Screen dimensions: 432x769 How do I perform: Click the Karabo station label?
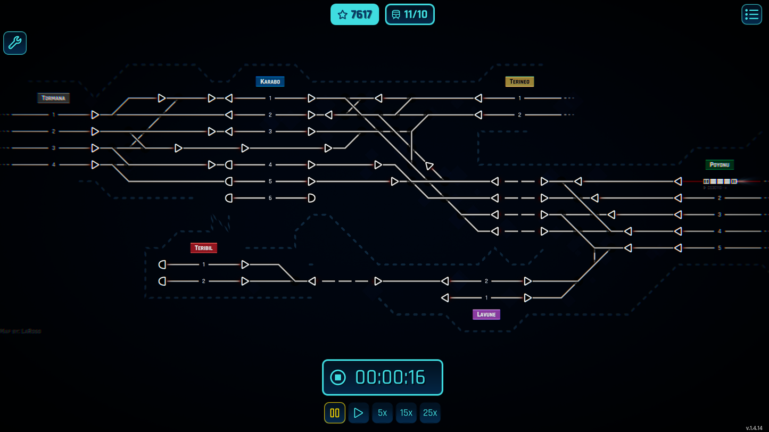tap(270, 81)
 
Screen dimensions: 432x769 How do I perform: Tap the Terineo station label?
tap(519, 81)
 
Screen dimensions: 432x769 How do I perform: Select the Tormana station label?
tap(53, 98)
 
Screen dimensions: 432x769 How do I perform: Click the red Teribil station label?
tap(203, 248)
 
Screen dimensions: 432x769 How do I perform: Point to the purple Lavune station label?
tap(486, 314)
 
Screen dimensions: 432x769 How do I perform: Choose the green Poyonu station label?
tap(719, 165)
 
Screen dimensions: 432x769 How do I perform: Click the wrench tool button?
tap(15, 43)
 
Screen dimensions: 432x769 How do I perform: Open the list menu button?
tap(751, 14)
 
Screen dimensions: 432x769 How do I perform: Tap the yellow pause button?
tap(335, 413)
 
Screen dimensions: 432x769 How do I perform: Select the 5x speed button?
tap(382, 413)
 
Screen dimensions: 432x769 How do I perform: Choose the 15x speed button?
tap(406, 413)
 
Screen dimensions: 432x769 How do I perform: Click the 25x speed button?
tap(430, 413)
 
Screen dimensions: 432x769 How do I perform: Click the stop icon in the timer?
tap(338, 378)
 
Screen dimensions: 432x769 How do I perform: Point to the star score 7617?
tap(354, 14)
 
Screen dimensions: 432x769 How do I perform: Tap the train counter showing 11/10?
tap(410, 14)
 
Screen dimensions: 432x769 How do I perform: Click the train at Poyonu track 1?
tap(720, 181)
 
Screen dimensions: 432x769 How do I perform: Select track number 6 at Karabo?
tap(270, 198)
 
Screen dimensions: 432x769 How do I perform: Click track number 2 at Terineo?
tap(519, 115)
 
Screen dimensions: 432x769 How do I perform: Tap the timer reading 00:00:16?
tap(390, 378)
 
